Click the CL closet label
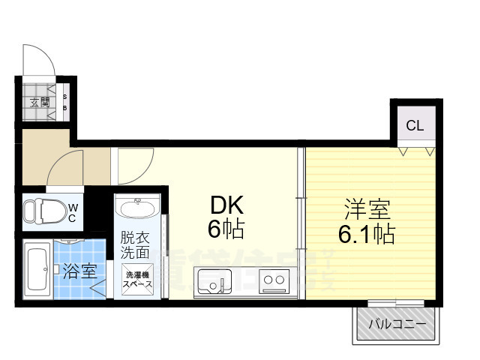click(415, 125)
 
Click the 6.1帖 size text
click(366, 235)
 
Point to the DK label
click(226, 205)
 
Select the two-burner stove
click(274, 283)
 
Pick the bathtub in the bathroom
click(35, 269)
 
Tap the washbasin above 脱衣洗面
click(136, 208)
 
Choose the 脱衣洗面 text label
click(136, 247)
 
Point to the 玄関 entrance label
click(40, 102)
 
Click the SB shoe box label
click(64, 102)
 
